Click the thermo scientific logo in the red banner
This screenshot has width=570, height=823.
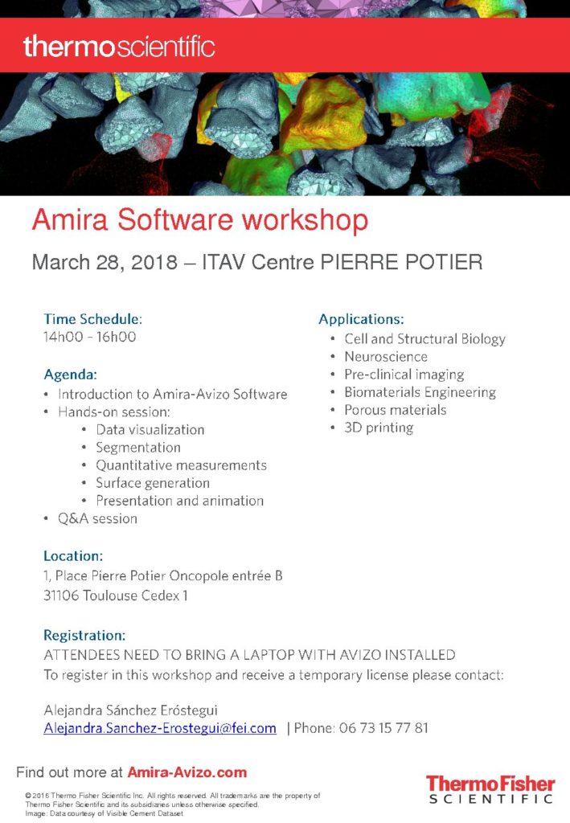[119, 47]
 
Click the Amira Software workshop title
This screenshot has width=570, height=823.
[200, 219]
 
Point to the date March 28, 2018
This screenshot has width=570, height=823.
[105, 262]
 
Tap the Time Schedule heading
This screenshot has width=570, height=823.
[93, 319]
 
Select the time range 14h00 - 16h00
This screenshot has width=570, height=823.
[90, 337]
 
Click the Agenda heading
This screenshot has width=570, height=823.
[70, 375]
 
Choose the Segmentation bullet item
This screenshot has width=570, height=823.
[138, 448]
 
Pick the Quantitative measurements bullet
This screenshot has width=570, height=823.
[181, 465]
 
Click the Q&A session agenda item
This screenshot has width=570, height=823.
[97, 518]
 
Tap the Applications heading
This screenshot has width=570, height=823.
[361, 319]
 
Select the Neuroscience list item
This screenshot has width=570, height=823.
[386, 357]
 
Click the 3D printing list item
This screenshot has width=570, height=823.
[379, 428]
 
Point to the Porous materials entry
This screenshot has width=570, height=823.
[396, 410]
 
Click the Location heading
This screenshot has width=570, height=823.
[73, 556]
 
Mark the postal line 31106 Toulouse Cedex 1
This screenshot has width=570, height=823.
[116, 596]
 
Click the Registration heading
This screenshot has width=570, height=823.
[84, 636]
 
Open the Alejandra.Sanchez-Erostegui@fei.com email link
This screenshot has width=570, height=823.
[160, 728]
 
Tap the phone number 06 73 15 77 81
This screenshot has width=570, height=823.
[383, 728]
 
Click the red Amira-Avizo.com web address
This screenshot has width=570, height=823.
[187, 772]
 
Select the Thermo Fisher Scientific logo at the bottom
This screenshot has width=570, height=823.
[490, 790]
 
